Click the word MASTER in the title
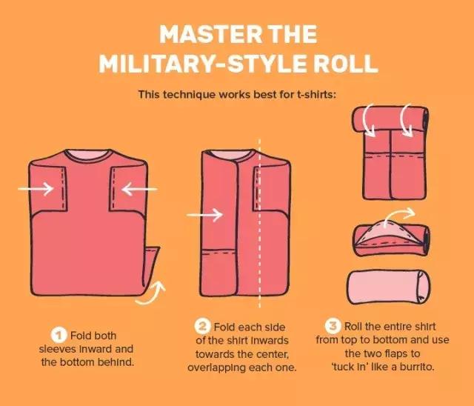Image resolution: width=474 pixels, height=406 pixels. tap(210, 34)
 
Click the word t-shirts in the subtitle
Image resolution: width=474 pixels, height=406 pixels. tap(316, 95)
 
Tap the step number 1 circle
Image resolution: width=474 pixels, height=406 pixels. tap(59, 336)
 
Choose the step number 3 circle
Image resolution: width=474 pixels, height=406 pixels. tap(333, 326)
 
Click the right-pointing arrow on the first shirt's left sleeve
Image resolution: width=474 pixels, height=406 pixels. tap(36, 189)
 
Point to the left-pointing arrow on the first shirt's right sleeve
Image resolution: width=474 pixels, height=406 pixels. tap(139, 189)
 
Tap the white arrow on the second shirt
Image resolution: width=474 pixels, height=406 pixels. tap(204, 215)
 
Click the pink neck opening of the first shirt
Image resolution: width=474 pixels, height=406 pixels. tap(87, 153)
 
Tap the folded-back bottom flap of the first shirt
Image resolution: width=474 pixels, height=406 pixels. tap(151, 266)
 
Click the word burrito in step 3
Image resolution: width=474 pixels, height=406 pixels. tap(417, 367)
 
